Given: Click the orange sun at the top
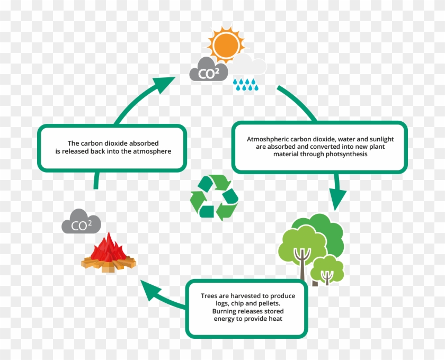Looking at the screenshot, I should click(226, 43).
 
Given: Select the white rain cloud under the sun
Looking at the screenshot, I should click(249, 66).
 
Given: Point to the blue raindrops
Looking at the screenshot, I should click(245, 84).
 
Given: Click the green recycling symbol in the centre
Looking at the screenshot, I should click(215, 197).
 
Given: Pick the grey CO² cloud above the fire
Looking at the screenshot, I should click(81, 222).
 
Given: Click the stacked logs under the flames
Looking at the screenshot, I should click(109, 264).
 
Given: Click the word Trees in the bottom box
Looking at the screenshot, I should click(210, 296).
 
